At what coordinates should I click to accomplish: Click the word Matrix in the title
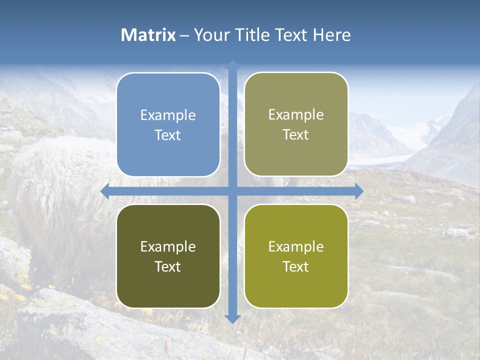pyautogui.click(x=148, y=35)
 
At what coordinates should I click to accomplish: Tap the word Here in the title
pyautogui.click(x=331, y=35)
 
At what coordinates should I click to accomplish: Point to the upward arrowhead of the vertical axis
pyautogui.click(x=232, y=64)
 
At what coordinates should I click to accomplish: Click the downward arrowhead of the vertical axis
pyautogui.click(x=232, y=318)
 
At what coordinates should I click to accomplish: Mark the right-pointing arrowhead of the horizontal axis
pyautogui.click(x=358, y=191)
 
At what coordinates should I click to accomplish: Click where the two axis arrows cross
pyautogui.click(x=232, y=191)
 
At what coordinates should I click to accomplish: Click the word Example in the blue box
pyautogui.click(x=168, y=115)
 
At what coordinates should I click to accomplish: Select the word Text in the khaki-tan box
pyautogui.click(x=296, y=134)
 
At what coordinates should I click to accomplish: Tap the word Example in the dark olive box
pyautogui.click(x=168, y=246)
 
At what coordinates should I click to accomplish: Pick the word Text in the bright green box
pyautogui.click(x=296, y=266)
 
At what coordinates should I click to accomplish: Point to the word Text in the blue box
pyautogui.click(x=168, y=135)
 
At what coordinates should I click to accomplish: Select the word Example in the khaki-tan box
pyautogui.click(x=296, y=114)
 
